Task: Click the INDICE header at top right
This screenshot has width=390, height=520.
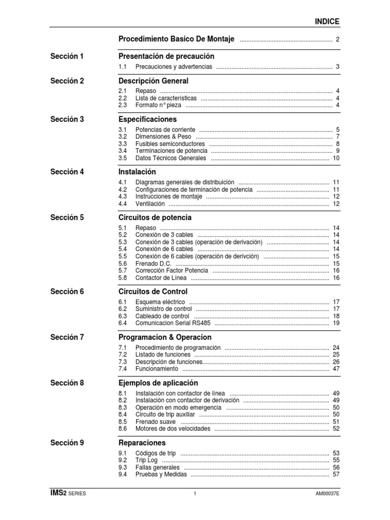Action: [x=327, y=21]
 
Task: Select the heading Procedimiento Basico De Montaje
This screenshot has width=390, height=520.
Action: [x=176, y=39]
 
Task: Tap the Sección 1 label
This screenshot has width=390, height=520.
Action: [x=67, y=56]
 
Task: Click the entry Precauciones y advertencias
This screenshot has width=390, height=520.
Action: [x=174, y=67]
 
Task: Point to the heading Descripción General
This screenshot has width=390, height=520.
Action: [x=153, y=81]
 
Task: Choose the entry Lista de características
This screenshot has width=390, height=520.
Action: [x=166, y=98]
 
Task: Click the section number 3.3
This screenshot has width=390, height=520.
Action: [x=122, y=144]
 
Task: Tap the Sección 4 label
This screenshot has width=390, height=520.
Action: [x=67, y=172]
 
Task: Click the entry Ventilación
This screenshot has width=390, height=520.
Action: [x=150, y=204]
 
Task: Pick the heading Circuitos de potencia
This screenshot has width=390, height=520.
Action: [x=155, y=218]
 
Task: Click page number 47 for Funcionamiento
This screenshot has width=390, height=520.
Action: [x=336, y=369]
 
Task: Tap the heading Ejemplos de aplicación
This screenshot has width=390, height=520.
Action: [x=158, y=383]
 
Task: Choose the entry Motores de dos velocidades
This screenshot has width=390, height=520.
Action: [x=172, y=429]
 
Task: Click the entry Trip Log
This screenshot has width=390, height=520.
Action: [x=147, y=460]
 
